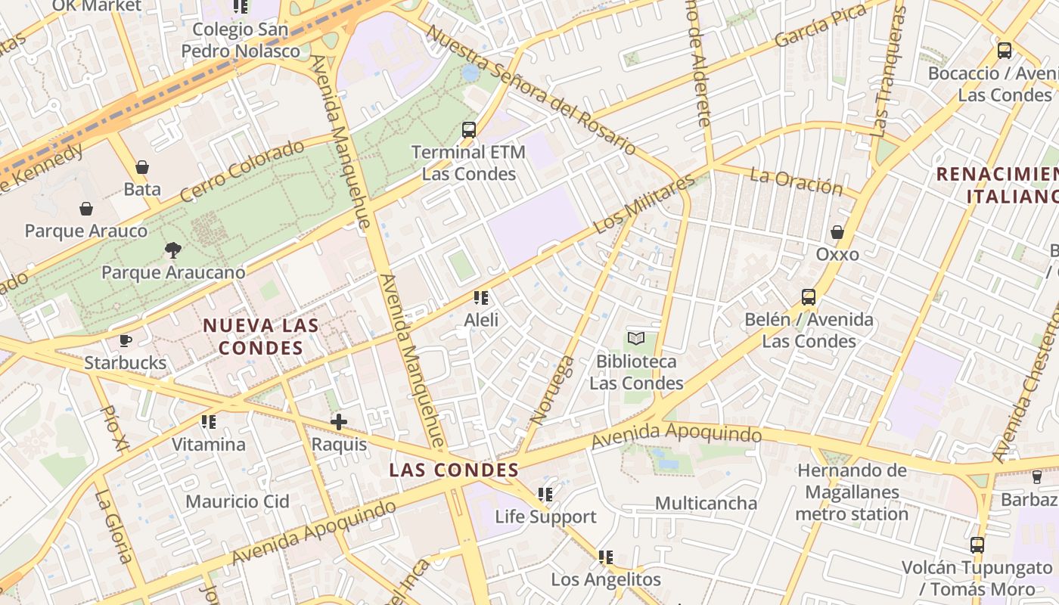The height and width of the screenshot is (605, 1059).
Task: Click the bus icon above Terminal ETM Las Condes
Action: [x=469, y=130]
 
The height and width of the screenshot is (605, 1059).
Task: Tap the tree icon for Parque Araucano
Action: [x=173, y=250]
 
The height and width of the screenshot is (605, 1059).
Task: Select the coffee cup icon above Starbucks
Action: [x=126, y=341]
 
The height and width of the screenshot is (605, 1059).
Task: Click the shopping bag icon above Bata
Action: [x=142, y=167]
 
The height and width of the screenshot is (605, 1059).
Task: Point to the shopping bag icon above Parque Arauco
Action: [x=86, y=209]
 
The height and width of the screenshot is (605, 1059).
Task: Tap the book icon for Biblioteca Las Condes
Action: [x=636, y=339]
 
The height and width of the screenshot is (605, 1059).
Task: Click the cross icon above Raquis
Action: [x=339, y=422]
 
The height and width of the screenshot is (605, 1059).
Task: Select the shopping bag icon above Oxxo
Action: [x=837, y=232]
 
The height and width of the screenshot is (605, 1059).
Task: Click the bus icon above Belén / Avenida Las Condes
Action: [x=809, y=297]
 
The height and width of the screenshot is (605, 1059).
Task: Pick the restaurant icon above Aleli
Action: [x=481, y=298]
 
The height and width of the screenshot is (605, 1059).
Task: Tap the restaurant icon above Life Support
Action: [x=545, y=495]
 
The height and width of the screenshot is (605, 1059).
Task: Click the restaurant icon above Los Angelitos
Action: [x=606, y=557]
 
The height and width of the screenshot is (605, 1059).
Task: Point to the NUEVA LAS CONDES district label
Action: [x=260, y=337]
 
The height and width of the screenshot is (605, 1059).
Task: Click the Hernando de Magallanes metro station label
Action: [x=852, y=492]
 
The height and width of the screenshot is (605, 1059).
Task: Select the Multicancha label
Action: [x=706, y=503]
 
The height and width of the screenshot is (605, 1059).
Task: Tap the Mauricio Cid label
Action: [x=238, y=501]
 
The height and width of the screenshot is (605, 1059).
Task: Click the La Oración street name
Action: [x=796, y=181]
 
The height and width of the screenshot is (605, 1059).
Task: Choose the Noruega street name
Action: [x=553, y=389]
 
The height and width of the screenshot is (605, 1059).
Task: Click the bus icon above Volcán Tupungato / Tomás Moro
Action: [x=977, y=544]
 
